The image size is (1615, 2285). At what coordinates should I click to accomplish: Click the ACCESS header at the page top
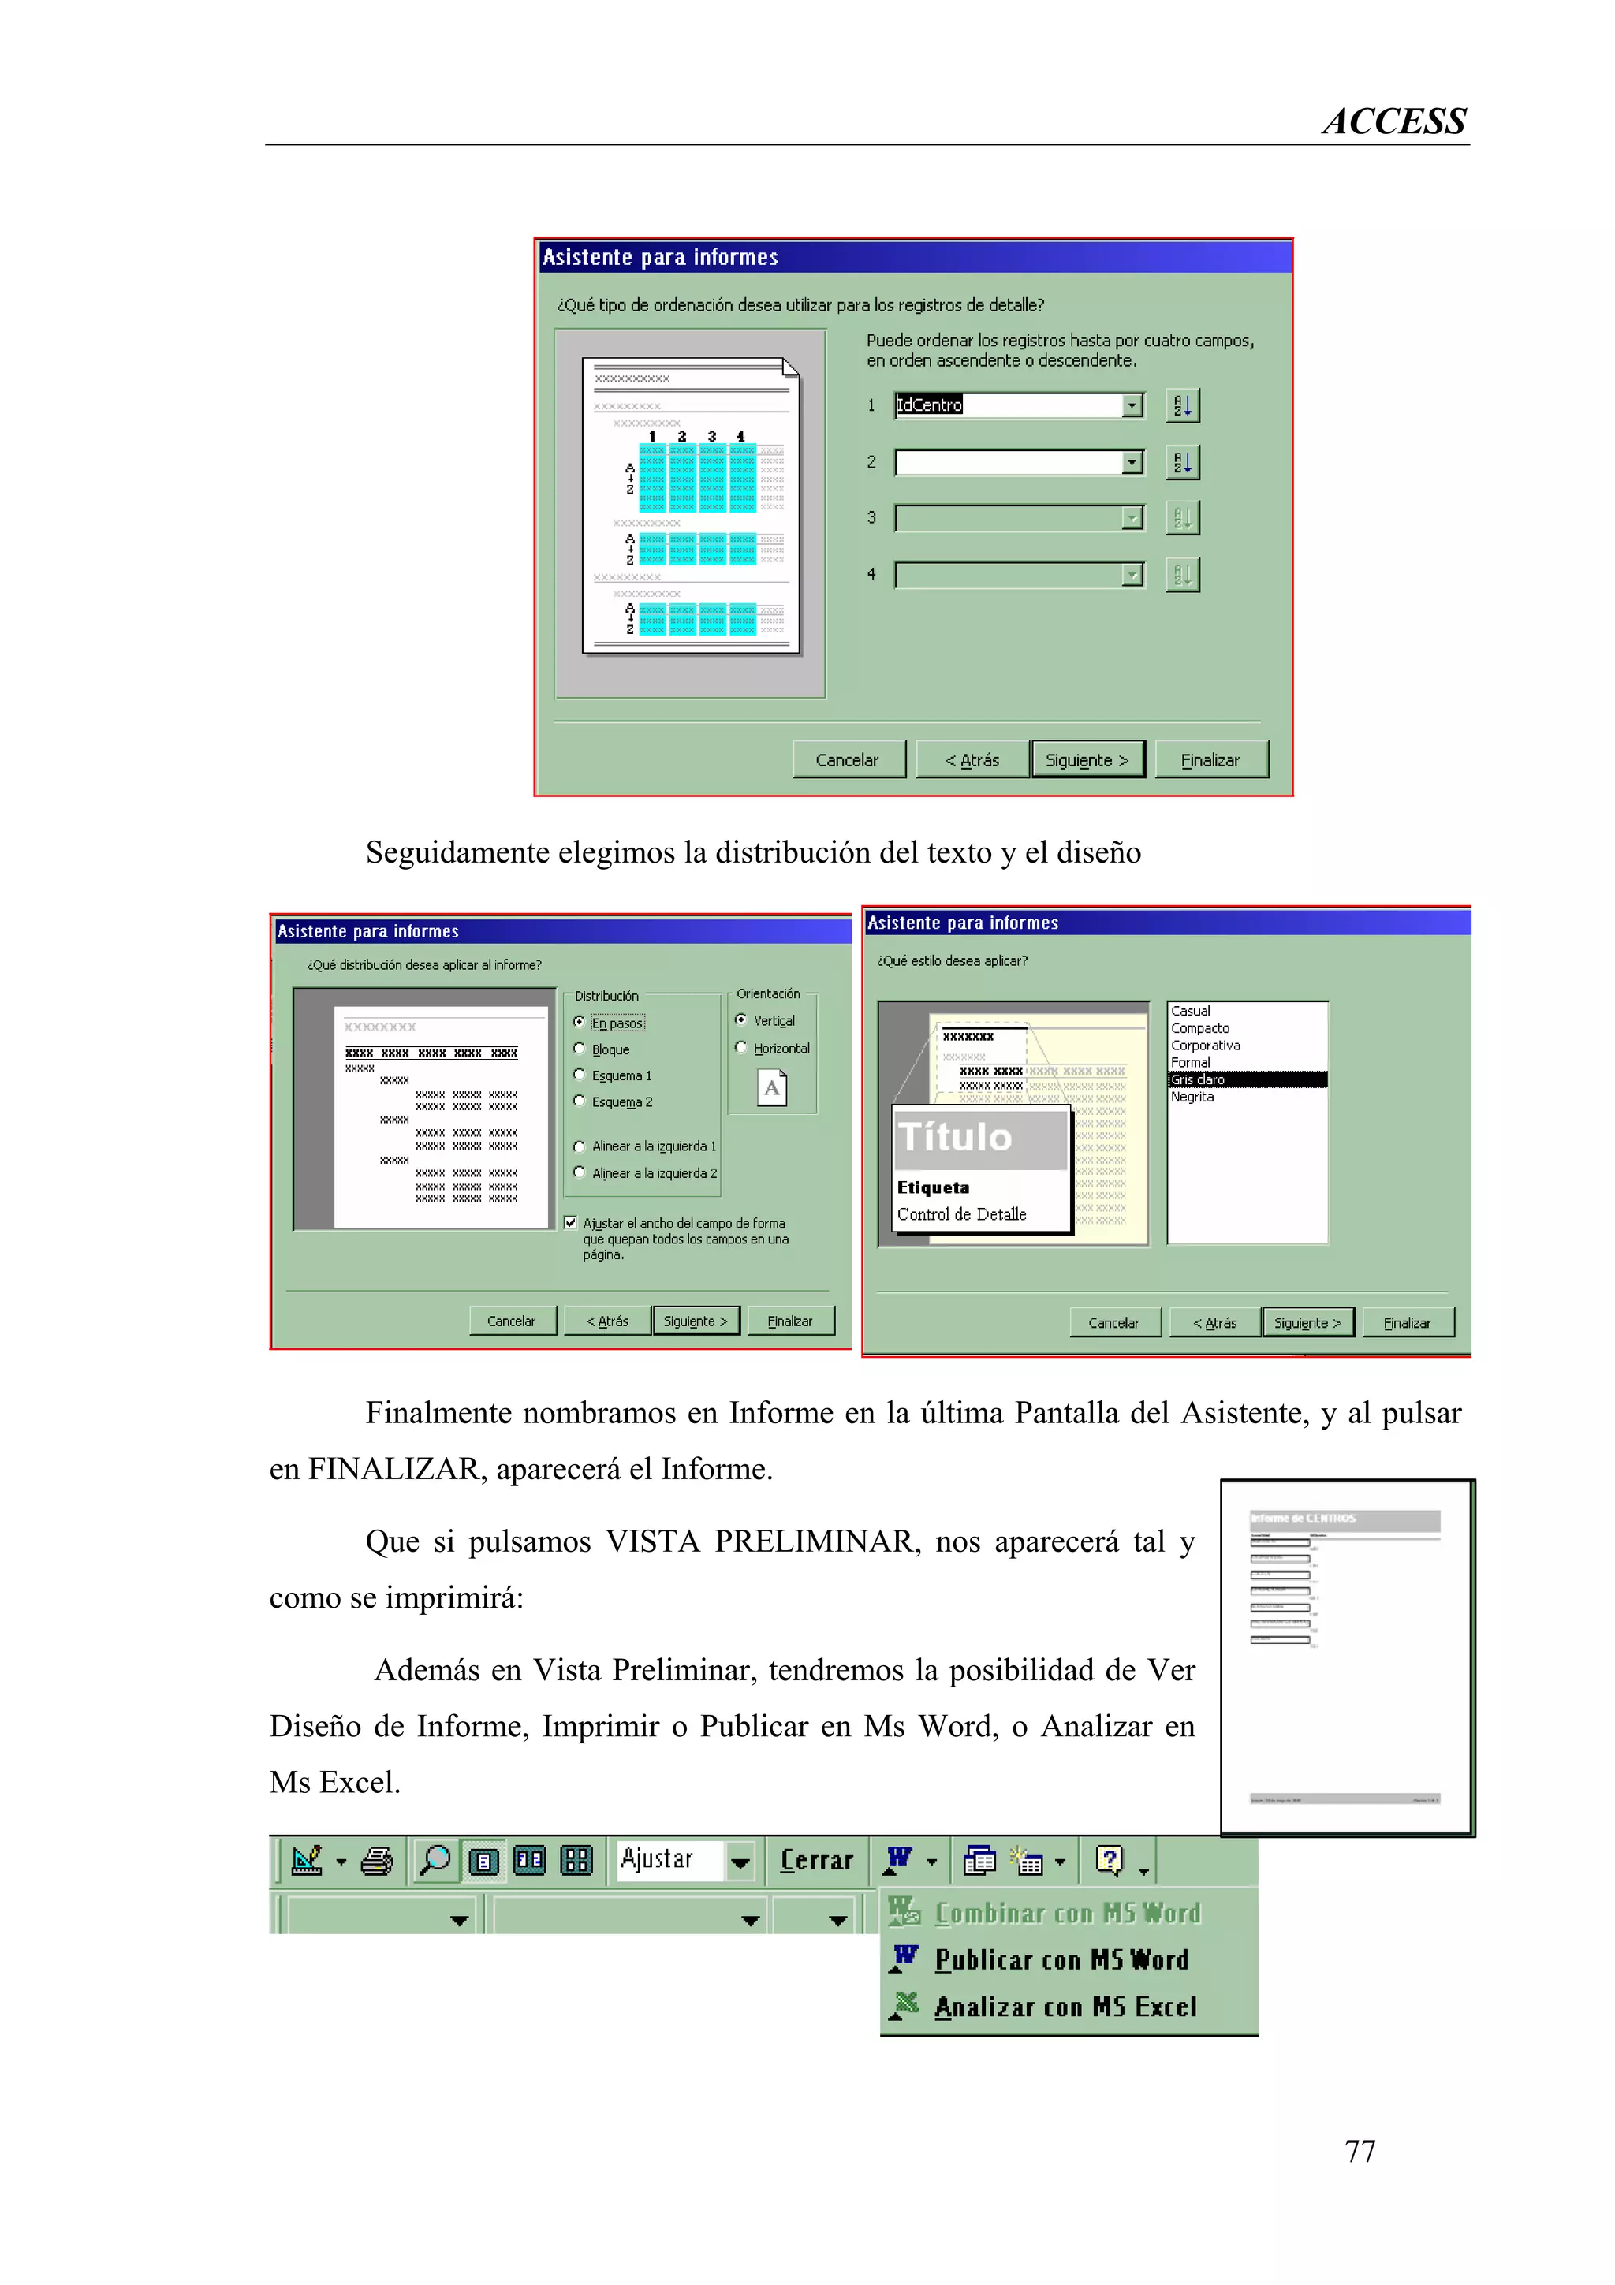(x=1393, y=121)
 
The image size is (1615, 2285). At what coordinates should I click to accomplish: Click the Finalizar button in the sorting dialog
(x=1210, y=759)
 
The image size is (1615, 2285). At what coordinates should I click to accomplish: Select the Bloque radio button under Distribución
(x=579, y=1049)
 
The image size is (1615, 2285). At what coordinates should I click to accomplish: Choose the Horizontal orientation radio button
(x=740, y=1047)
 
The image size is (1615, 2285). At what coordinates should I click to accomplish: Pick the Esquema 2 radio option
(x=579, y=1101)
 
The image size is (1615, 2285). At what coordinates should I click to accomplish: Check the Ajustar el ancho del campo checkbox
(x=570, y=1222)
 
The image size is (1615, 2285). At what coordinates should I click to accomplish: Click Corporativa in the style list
(x=1205, y=1045)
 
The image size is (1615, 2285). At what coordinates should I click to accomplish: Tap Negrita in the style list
(x=1192, y=1097)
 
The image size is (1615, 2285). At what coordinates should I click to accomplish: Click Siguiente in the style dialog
(x=1307, y=1322)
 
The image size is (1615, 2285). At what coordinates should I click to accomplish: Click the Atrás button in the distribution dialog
(x=607, y=1321)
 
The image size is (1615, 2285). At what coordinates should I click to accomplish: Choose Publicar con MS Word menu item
(x=1061, y=1959)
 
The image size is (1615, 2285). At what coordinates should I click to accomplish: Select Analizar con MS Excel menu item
(x=1065, y=2007)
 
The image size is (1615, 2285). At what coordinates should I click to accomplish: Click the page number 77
(x=1360, y=2151)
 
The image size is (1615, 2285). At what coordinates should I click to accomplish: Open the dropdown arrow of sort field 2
(x=1132, y=462)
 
